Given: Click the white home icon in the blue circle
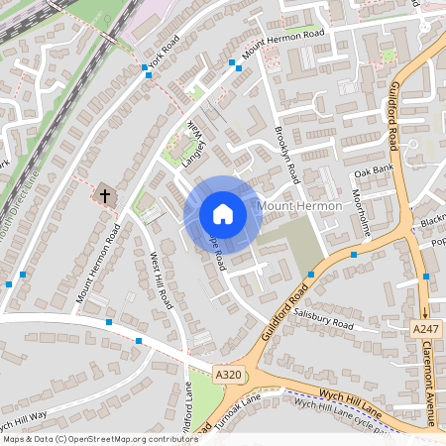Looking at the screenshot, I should click(x=223, y=214).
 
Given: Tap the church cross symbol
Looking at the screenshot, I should click(x=103, y=194).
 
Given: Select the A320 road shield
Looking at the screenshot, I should click(x=228, y=374).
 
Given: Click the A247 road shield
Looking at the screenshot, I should click(x=424, y=329).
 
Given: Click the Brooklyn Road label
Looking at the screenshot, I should click(x=286, y=155).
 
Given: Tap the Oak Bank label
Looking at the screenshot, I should click(x=374, y=170).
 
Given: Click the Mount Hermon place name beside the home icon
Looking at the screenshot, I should click(x=299, y=205).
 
